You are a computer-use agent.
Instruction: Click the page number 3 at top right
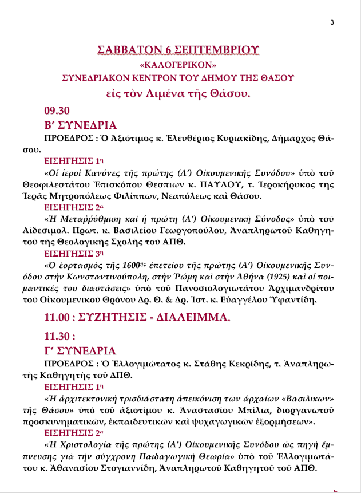tap(332, 22)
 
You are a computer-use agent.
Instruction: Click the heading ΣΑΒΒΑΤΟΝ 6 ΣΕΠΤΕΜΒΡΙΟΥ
tap(178, 49)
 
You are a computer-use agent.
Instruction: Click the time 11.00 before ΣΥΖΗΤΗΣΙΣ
tap(58, 317)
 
